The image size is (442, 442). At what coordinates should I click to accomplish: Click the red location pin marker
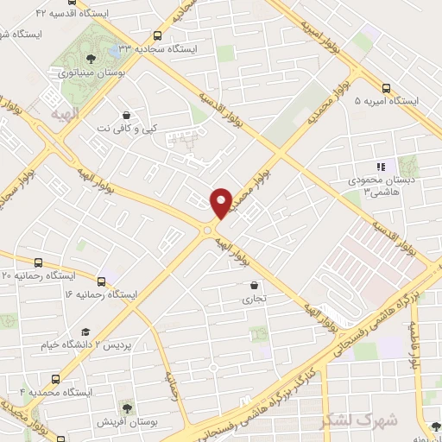pyautogui.click(x=221, y=202)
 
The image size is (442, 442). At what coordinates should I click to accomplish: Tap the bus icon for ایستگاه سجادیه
pyautogui.click(x=157, y=35)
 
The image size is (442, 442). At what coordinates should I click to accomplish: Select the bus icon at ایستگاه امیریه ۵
pyautogui.click(x=385, y=87)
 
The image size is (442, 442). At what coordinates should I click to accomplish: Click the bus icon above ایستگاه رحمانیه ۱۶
pyautogui.click(x=102, y=281)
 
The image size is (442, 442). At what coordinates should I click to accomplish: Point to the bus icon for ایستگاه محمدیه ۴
pyautogui.click(x=56, y=379)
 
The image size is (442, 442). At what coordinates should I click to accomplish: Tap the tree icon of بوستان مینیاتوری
pyautogui.click(x=91, y=59)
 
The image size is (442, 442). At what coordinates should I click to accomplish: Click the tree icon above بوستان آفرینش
pyautogui.click(x=127, y=406)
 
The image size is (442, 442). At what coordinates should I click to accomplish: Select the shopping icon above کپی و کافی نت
pyautogui.click(x=127, y=115)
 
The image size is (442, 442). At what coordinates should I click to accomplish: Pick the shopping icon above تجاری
pyautogui.click(x=253, y=286)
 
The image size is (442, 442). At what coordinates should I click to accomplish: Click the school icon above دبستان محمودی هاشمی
pyautogui.click(x=380, y=167)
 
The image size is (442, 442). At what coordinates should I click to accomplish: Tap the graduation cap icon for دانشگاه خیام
pyautogui.click(x=85, y=332)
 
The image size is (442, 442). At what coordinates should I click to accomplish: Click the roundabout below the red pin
pyautogui.click(x=210, y=229)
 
